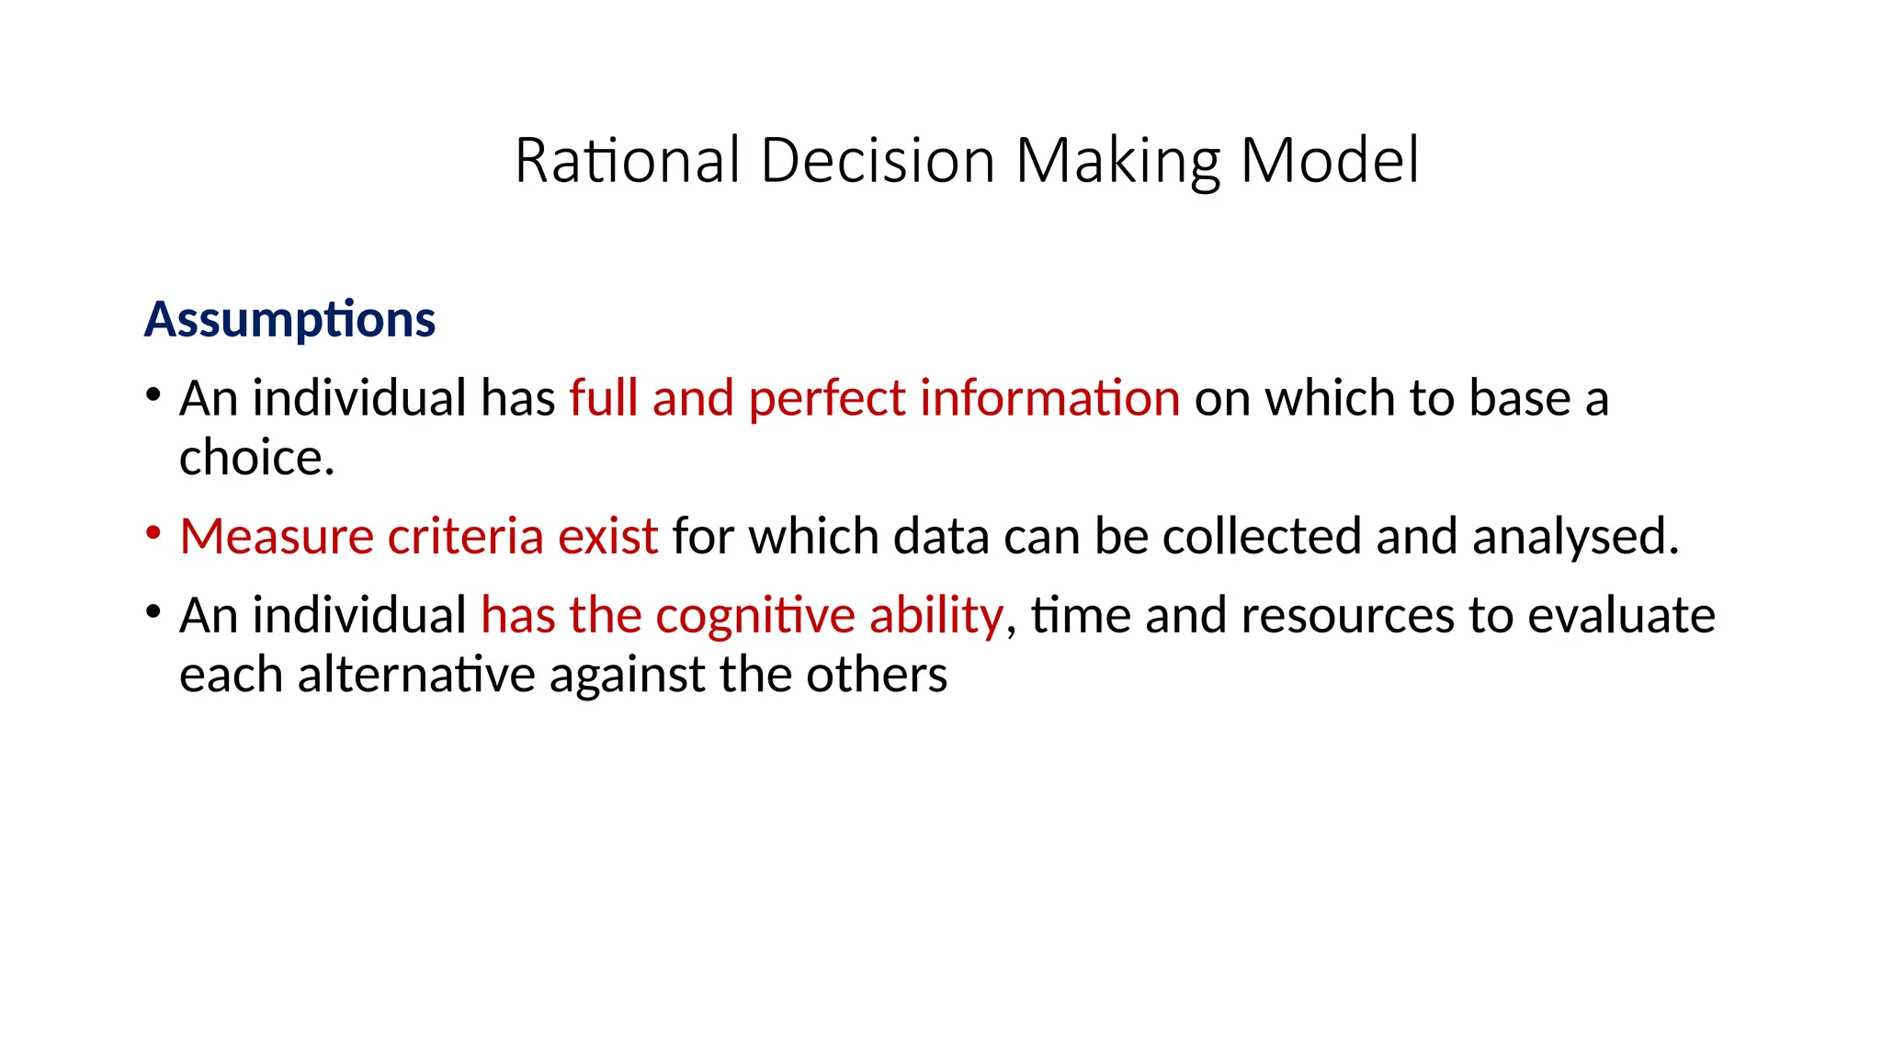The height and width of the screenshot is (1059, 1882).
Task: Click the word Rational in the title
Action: coord(627,161)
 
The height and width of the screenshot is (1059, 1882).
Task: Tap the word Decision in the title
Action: coord(878,161)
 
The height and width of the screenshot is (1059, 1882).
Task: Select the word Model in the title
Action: coord(1329,161)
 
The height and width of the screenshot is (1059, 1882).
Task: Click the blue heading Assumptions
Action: coord(289,320)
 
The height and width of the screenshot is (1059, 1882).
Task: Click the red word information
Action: coord(1049,399)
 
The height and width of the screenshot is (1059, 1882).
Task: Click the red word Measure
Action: coord(277,537)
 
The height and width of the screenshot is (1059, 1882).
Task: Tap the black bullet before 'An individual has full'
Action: coord(153,396)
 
